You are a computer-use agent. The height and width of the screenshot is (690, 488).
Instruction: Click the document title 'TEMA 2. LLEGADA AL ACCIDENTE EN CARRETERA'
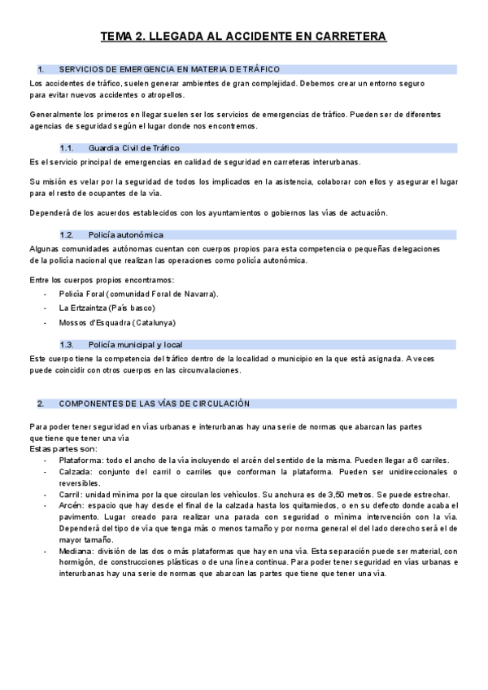click(243, 37)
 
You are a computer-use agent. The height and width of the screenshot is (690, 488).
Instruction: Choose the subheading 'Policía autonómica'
click(126, 234)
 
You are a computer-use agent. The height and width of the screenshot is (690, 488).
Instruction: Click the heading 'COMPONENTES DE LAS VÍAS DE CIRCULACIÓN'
click(155, 404)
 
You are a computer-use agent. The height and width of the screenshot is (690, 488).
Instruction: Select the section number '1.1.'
click(68, 148)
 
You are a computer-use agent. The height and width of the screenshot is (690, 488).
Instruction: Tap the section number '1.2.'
click(68, 234)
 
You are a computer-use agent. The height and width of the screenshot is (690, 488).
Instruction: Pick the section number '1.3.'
click(68, 345)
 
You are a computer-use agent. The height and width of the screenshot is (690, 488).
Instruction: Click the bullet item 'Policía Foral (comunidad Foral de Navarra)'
click(138, 294)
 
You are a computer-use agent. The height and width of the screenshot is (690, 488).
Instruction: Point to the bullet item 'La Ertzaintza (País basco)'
click(107, 308)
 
